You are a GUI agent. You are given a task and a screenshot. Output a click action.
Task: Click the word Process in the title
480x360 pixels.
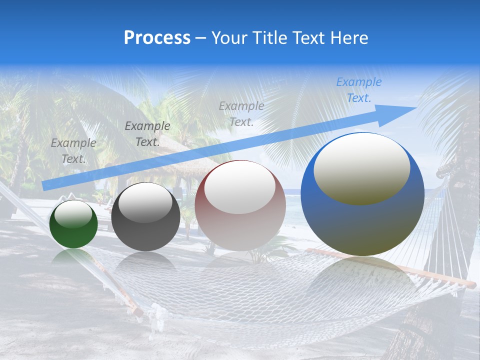click(x=157, y=38)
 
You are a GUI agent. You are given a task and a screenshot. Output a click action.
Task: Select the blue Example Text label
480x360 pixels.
click(x=359, y=90)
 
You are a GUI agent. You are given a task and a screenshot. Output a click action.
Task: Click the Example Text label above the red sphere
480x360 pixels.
click(x=241, y=113)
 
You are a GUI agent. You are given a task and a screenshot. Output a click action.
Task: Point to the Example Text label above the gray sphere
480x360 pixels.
click(x=147, y=133)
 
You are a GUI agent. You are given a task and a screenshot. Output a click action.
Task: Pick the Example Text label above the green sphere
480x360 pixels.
click(x=73, y=150)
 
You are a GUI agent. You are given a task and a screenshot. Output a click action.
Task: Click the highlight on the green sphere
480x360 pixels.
click(x=73, y=214)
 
